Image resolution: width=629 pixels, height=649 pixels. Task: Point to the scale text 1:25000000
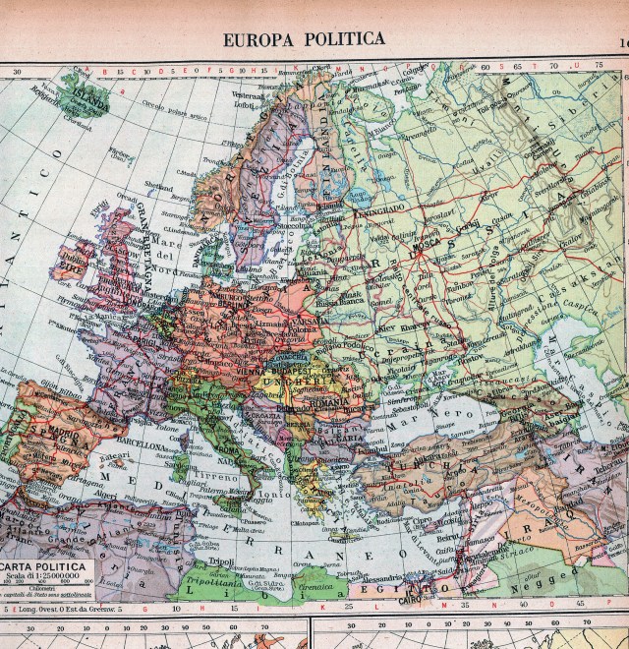pyautogui.click(x=49, y=579)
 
